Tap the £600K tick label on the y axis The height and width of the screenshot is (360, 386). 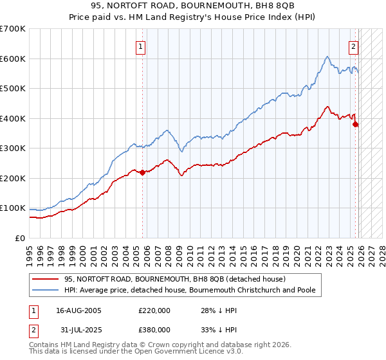(x=13, y=59)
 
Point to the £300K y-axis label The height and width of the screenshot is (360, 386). (x=13, y=148)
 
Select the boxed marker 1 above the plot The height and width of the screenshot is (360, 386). (x=141, y=46)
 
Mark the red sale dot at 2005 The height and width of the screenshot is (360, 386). (x=142, y=172)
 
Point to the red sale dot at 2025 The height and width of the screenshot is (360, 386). (x=356, y=125)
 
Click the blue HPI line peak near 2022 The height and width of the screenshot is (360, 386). (x=327, y=57)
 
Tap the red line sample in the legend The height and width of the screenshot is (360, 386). (x=46, y=279)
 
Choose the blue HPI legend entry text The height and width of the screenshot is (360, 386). (x=190, y=291)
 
